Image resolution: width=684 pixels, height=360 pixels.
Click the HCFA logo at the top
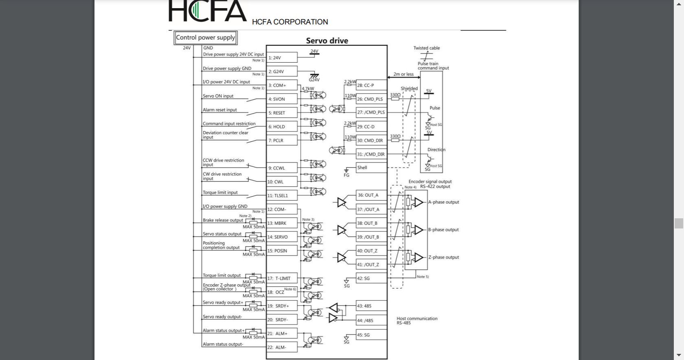pos(207,11)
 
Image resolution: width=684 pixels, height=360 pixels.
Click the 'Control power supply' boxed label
pos(205,38)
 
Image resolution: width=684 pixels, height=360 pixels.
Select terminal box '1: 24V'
pos(282,58)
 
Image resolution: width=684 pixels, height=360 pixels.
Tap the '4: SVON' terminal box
pos(282,99)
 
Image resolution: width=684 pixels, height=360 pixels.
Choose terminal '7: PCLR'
pos(282,140)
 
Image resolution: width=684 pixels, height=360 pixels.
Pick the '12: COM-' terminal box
pos(282,209)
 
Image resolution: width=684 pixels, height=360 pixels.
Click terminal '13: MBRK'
pos(282,223)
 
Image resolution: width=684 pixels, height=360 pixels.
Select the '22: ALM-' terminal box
pos(282,347)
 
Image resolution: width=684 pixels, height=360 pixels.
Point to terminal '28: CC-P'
pos(371,86)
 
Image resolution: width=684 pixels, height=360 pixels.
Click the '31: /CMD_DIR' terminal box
pos(371,154)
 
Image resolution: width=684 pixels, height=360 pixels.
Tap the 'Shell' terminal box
pos(371,167)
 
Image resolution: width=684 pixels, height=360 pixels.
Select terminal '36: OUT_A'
pos(371,195)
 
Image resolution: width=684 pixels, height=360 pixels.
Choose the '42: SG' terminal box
pos(371,279)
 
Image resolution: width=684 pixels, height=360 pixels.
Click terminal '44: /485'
pos(371,320)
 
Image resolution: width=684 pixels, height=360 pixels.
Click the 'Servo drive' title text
pos(327,41)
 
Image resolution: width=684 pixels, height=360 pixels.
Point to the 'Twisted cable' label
pos(426,48)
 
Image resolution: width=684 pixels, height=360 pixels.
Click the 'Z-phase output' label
pos(443,257)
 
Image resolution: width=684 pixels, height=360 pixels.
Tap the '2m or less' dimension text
pos(403,74)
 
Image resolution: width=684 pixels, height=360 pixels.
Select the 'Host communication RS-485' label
pos(417,321)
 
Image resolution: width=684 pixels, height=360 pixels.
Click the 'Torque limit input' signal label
pos(220,193)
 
